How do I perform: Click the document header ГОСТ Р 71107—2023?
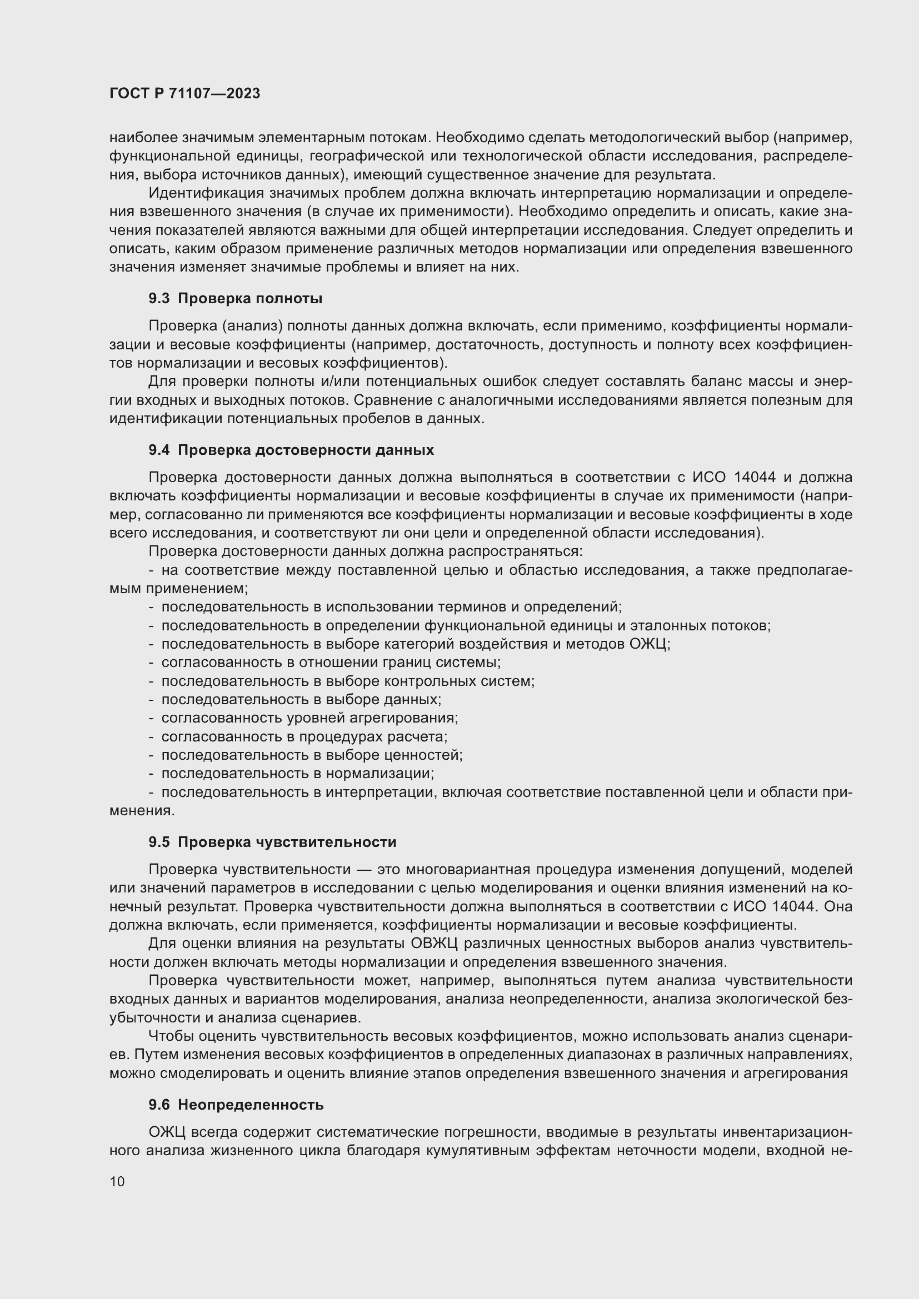pyautogui.click(x=184, y=94)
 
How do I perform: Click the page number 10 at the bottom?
pyautogui.click(x=117, y=1181)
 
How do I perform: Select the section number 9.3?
pyautogui.click(x=159, y=298)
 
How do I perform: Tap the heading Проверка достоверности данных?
pyautogui.click(x=306, y=450)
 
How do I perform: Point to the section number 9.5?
pyautogui.click(x=159, y=842)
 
